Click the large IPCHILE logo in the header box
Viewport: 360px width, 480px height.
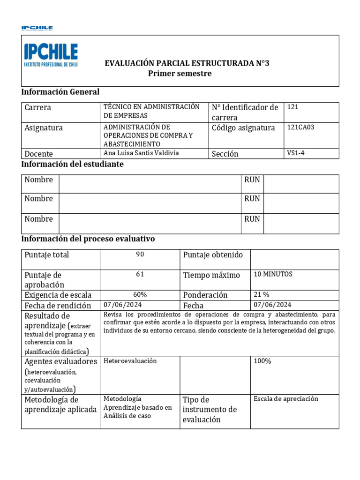point(51,55)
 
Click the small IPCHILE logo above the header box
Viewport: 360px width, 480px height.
point(37,28)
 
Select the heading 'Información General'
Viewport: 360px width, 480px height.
point(60,92)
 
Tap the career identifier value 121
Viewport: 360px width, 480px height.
point(292,107)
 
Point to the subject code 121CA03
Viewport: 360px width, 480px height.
point(300,127)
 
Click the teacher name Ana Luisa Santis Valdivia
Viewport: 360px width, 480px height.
point(141,153)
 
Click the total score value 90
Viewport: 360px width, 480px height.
point(140,254)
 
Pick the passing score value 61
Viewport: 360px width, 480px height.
point(140,275)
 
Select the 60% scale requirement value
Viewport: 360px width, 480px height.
point(140,295)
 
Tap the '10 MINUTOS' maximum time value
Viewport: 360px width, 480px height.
point(273,275)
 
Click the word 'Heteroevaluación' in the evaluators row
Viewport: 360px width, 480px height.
point(130,361)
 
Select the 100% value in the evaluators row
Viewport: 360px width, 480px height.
point(262,361)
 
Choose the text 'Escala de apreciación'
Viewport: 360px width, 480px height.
point(286,399)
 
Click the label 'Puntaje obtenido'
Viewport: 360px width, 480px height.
point(213,255)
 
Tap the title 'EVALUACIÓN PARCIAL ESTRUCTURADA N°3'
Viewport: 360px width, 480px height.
point(187,63)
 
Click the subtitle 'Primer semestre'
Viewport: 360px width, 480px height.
point(180,74)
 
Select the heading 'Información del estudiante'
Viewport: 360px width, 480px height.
point(73,165)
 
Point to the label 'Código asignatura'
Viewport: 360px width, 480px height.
point(243,128)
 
